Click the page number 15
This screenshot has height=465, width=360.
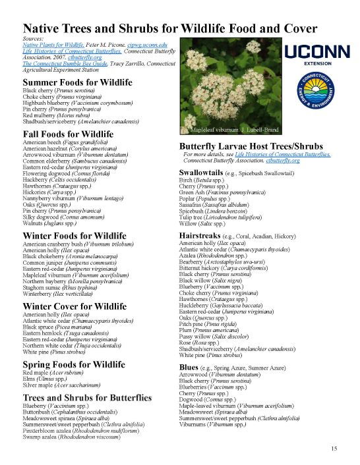[334, 449]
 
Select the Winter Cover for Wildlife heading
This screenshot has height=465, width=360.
[74, 306]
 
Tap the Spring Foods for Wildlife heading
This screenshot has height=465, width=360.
[73, 364]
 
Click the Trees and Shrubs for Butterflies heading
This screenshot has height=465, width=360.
[86, 398]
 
